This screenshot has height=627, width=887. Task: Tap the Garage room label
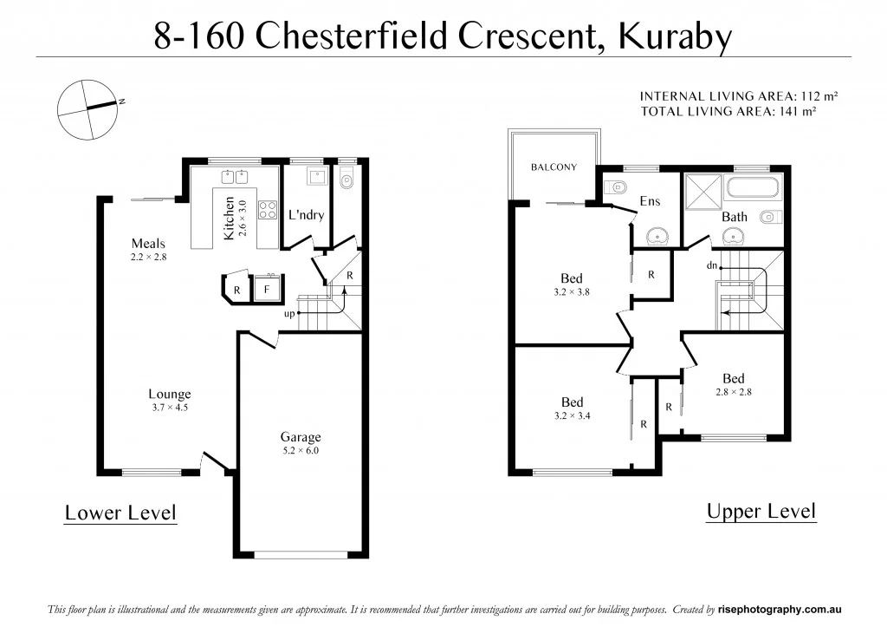pos(300,437)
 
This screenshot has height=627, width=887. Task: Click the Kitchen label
pos(229,219)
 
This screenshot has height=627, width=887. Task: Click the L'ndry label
pos(306,214)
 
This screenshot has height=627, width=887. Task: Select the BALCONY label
pos(554,167)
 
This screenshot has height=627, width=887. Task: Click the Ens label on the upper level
pos(650,201)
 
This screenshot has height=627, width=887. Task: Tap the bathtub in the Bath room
pos(752,187)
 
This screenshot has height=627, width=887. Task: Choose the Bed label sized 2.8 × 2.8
pos(734,379)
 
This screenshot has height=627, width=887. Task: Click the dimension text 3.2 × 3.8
pos(572,292)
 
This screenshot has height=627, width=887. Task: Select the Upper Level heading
pos(761,511)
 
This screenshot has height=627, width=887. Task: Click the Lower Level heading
pos(120,513)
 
